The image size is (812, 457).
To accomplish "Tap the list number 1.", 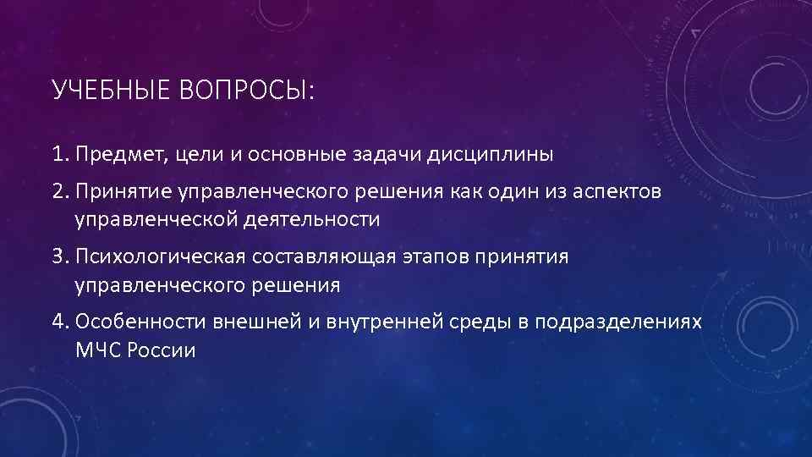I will point(59,155).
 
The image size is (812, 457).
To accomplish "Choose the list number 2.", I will point(59,193).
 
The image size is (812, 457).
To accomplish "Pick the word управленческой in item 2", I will point(155,220).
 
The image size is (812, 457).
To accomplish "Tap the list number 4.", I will point(59,322).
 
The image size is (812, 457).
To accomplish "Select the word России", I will point(160,350).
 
